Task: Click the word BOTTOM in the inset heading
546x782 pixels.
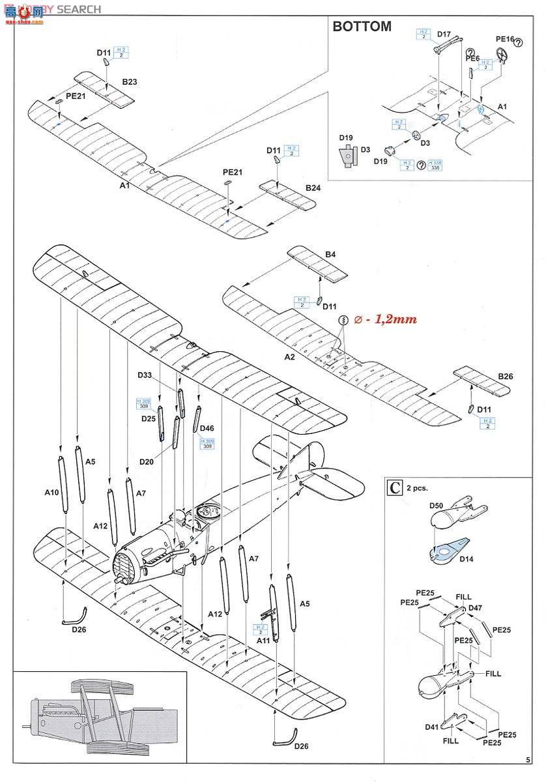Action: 362,27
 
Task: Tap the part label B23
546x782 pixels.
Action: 130,83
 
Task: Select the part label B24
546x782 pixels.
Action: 313,188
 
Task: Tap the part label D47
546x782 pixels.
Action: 476,607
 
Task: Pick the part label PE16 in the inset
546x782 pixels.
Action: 505,39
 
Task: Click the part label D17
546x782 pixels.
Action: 444,34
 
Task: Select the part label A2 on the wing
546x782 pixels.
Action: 290,357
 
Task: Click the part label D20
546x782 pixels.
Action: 147,461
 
